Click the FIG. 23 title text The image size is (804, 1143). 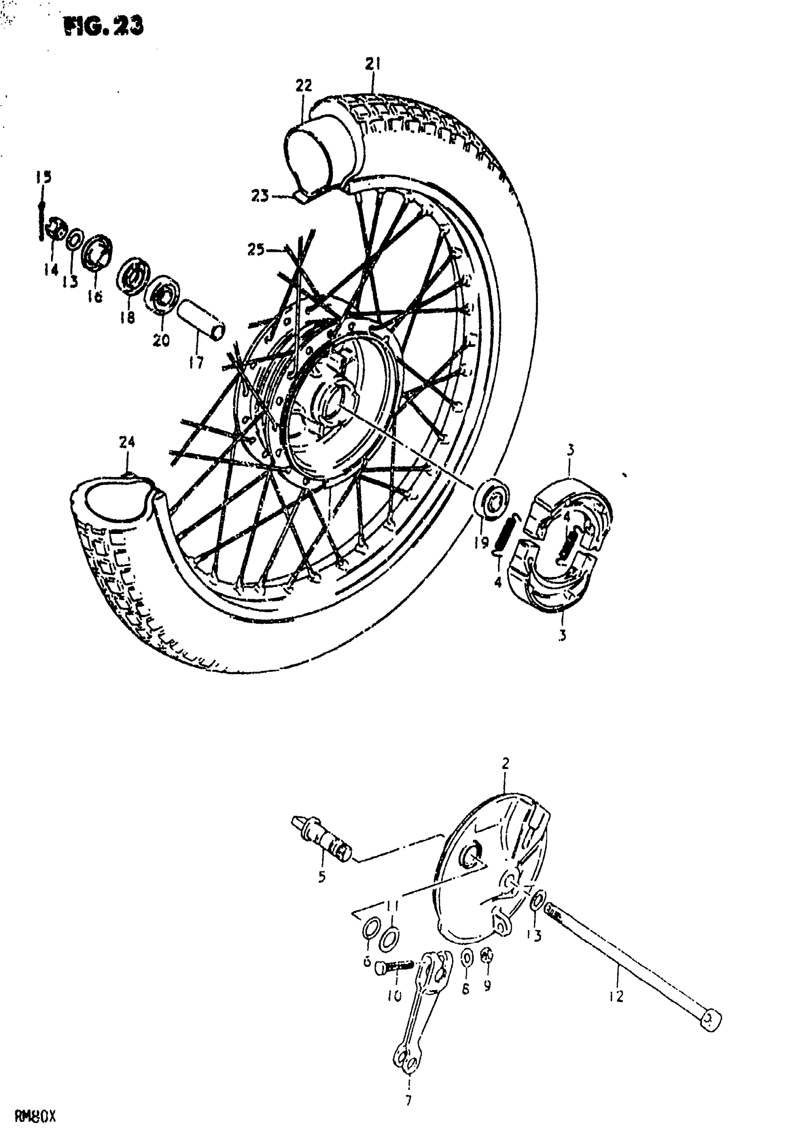click(104, 27)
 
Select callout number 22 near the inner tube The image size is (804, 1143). click(304, 86)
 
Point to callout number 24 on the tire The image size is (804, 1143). click(127, 442)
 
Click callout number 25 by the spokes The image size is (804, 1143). click(256, 249)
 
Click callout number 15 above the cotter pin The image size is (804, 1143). click(44, 177)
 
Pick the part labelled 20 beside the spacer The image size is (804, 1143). click(162, 295)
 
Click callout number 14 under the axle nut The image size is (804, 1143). click(51, 269)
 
